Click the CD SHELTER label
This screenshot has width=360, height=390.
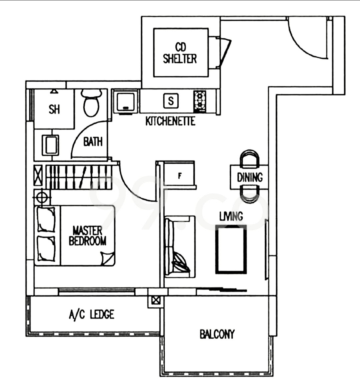point(180,53)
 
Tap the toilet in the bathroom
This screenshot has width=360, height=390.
point(91,103)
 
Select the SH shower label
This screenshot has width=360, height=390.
point(54,109)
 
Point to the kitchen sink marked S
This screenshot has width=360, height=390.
point(171,101)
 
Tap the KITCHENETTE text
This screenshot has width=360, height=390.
point(170,121)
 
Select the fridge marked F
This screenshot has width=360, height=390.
point(180,175)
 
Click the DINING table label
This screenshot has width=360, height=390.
point(249,177)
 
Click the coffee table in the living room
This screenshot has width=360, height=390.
point(231,249)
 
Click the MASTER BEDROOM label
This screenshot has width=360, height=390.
point(88,236)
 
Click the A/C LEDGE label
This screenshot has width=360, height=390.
point(91,314)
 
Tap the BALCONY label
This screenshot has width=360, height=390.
point(217,334)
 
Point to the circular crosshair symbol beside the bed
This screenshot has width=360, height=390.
point(42,198)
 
